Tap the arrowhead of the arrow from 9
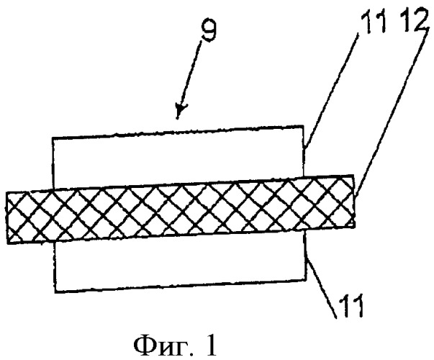180,111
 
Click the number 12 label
415,18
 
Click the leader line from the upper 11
332,89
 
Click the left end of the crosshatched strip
9,217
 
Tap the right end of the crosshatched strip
353,201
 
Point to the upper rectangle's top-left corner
53,138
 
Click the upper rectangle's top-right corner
304,126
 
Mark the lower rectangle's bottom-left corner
55,292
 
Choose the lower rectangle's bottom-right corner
307,279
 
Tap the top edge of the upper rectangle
178,132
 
